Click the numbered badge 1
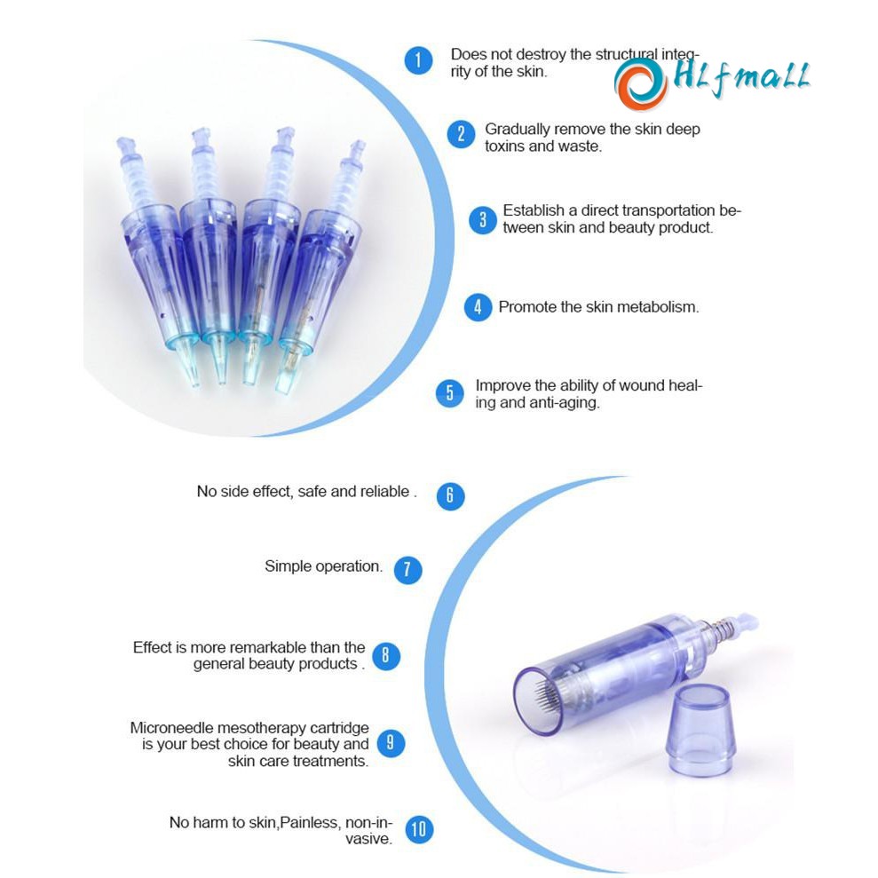tap(418, 60)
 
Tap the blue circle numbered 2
tap(461, 134)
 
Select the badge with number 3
tap(483, 220)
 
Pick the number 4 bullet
tap(478, 307)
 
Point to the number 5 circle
tap(449, 393)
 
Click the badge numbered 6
tap(450, 496)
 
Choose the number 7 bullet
tap(407, 570)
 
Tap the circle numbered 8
tap(386, 655)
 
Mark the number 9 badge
tap(391, 743)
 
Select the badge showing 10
tap(419, 829)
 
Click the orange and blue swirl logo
tap(640, 83)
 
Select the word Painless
tap(310, 822)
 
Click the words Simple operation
tap(324, 566)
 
